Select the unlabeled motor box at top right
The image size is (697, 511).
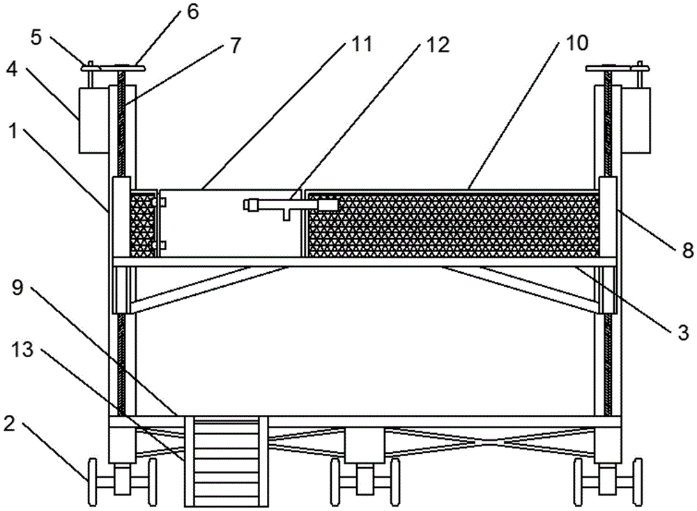coord(636,119)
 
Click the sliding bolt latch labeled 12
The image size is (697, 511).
coord(289,205)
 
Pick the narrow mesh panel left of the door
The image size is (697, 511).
coord(143,224)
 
